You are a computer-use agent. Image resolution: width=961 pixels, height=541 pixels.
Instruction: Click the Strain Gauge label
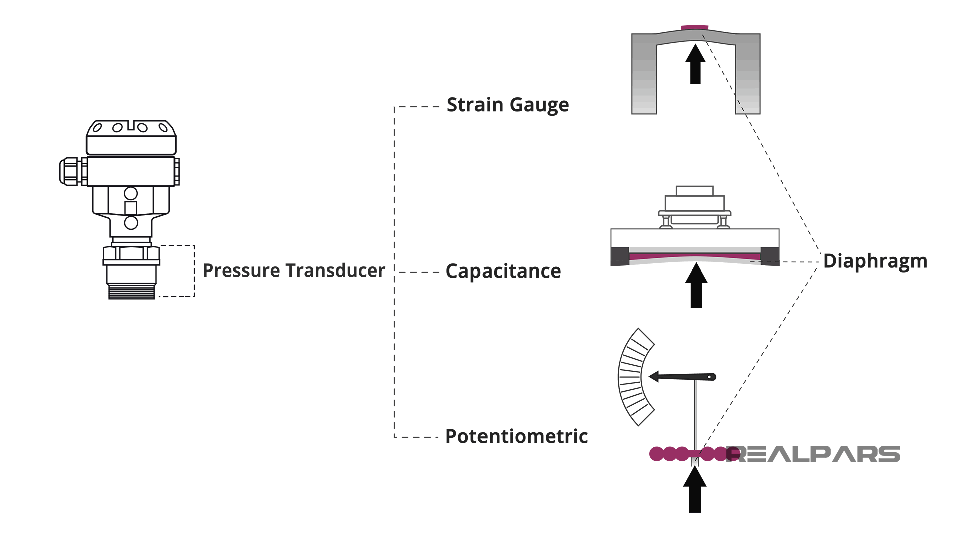[x=508, y=105]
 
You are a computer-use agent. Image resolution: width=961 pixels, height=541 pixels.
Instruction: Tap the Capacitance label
[x=503, y=272]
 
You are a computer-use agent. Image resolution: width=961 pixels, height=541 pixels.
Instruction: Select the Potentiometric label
[x=516, y=436]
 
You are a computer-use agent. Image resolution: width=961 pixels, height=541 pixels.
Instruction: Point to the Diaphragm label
[x=875, y=261]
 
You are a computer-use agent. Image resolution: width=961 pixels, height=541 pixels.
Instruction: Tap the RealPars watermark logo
[x=813, y=454]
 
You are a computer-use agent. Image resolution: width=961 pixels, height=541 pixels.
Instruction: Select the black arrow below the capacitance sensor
[x=696, y=286]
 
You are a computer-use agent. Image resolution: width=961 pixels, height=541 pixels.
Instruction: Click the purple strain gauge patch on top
[x=695, y=27]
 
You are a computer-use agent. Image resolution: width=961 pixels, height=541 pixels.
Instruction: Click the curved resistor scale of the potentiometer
[x=633, y=377]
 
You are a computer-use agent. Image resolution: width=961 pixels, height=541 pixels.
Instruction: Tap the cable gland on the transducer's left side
[x=70, y=171]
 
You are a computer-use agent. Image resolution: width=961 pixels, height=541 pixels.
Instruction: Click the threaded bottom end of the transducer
[x=131, y=291]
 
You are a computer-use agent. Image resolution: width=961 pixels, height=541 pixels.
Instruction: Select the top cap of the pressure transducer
[x=131, y=137]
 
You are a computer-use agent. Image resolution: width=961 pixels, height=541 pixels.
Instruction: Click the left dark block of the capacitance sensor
[x=620, y=256]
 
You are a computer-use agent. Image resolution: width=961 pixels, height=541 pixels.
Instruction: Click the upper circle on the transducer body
[x=131, y=193]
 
